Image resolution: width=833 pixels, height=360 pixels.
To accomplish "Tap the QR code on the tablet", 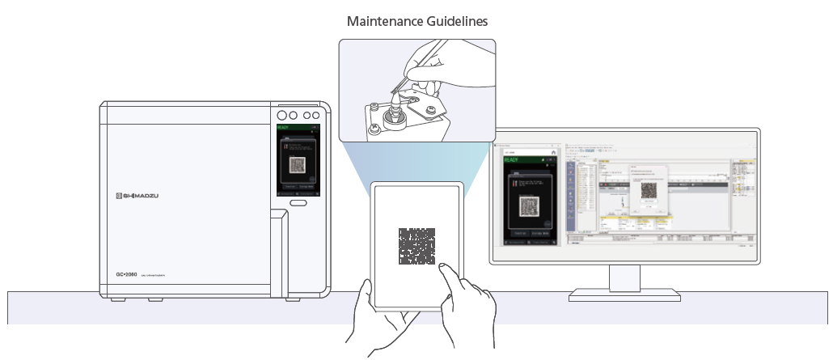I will click(416, 246).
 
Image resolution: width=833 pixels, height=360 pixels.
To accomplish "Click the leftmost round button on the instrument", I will click(283, 114).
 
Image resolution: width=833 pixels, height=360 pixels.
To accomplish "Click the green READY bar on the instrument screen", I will click(298, 127).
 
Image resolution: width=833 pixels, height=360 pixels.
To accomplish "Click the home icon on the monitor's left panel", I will click(553, 151).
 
